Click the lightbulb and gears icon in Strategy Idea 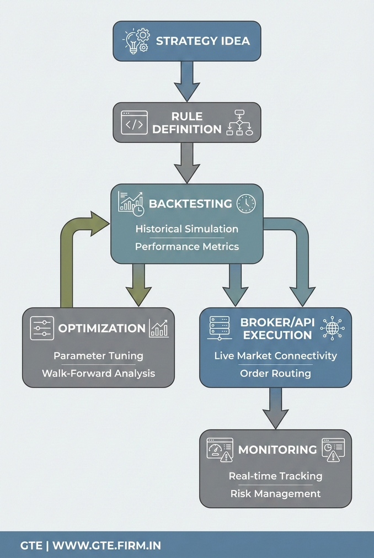pyautogui.click(x=135, y=40)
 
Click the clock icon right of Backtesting pyautogui.click(x=246, y=204)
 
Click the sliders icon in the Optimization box pyautogui.click(x=41, y=328)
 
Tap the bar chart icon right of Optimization pyautogui.click(x=159, y=328)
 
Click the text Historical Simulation pyautogui.click(x=187, y=228)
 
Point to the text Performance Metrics pyautogui.click(x=187, y=246)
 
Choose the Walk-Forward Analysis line pyautogui.click(x=98, y=373)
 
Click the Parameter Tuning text pyautogui.click(x=98, y=355)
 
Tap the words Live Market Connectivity pyautogui.click(x=275, y=355)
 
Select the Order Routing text pyautogui.click(x=275, y=373)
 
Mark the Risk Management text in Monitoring pyautogui.click(x=275, y=493)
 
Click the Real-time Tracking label pyautogui.click(x=275, y=475)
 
